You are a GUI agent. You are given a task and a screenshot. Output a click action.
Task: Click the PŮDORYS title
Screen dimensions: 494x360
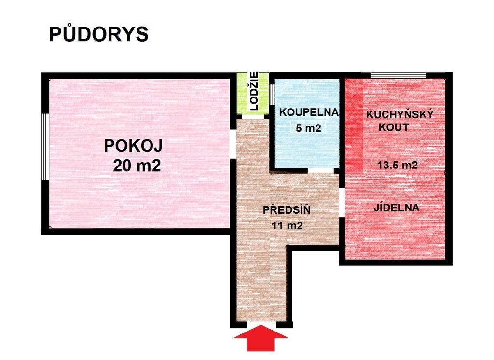[98, 34]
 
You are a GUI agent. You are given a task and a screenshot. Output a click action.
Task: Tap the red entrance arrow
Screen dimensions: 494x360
[261, 338]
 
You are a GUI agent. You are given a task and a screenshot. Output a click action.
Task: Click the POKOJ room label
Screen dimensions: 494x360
[133, 146]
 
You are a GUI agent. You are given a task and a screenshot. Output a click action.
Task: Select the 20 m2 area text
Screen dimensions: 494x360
[137, 166]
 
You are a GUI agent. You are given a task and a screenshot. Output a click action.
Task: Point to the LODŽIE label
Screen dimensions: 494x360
[254, 91]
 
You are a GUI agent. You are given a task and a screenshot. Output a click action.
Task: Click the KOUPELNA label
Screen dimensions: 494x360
[309, 112]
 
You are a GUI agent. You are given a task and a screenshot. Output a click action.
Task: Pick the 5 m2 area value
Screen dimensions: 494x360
[308, 128]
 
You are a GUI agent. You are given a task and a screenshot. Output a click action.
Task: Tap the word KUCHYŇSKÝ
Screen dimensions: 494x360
[400, 115]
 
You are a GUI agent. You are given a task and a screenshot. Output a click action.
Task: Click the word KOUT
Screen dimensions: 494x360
[394, 128]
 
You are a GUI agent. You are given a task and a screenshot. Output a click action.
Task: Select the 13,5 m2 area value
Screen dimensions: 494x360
[398, 165]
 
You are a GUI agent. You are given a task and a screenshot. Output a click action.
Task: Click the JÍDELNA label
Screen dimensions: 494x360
[397, 208]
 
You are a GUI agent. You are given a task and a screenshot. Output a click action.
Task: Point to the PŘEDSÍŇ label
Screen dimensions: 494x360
[287, 209]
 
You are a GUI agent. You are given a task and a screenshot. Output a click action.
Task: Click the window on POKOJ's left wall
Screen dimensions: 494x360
[45, 147]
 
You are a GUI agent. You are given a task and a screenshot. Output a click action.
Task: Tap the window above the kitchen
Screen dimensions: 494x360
[398, 75]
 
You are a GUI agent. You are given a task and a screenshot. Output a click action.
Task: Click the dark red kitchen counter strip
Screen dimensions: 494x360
[355, 126]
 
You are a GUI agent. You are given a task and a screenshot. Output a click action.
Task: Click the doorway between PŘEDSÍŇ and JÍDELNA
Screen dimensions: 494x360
[342, 203]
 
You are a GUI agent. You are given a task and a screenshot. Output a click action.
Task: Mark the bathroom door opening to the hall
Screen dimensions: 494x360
[321, 170]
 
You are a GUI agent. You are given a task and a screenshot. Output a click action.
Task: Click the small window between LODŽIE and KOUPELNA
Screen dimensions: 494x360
[272, 94]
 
